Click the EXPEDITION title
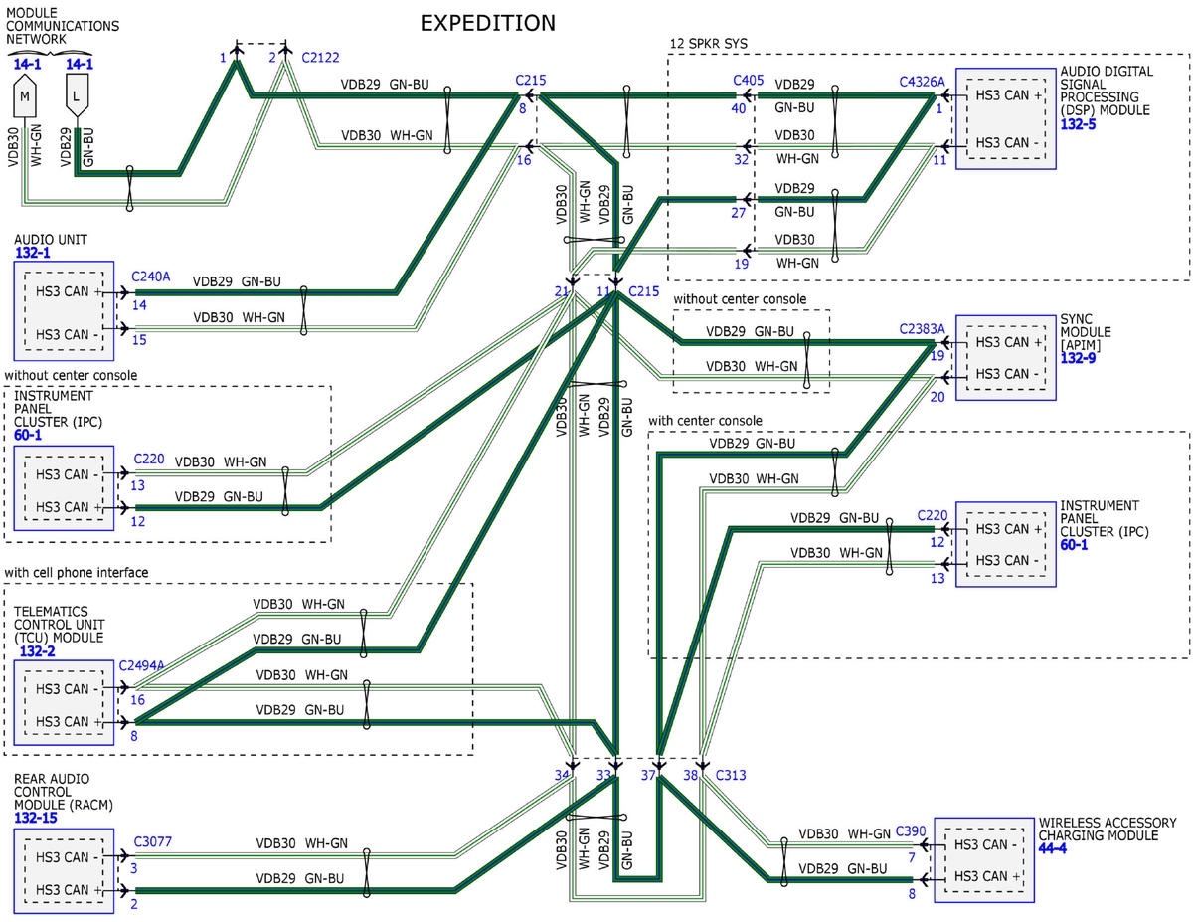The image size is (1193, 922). [x=487, y=23]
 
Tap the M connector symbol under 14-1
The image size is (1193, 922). [x=25, y=95]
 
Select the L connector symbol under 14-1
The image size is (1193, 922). [x=77, y=94]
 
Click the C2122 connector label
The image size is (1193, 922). [x=321, y=57]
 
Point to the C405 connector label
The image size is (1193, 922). [x=749, y=81]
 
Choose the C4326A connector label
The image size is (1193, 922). [x=922, y=82]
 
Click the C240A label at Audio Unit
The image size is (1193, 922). [x=150, y=277]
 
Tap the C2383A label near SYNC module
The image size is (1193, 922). [x=922, y=329]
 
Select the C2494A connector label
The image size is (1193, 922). [x=141, y=665]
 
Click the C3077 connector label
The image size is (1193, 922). [x=153, y=841]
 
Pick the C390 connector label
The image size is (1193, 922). [x=911, y=831]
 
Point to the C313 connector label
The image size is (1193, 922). [x=731, y=775]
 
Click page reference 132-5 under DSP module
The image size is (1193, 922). [x=1078, y=124]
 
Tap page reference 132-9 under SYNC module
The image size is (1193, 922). [x=1078, y=358]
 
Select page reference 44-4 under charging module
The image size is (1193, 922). [x=1053, y=848]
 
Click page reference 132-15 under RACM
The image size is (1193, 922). [x=36, y=818]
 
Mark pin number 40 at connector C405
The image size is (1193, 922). [x=739, y=108]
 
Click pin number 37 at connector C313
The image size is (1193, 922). [x=648, y=775]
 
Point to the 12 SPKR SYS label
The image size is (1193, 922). [x=709, y=44]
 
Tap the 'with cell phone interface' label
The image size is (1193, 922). [x=77, y=572]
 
